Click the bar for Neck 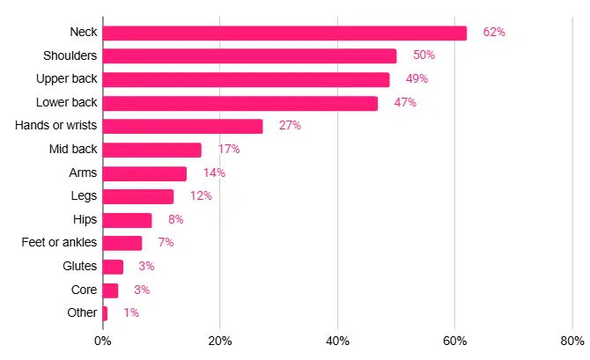284,33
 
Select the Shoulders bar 249,55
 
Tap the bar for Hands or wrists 182,126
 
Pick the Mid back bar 152,150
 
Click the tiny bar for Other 106,312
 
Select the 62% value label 493,33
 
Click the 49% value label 417,79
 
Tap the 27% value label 290,126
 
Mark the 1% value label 131,312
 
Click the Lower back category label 67,102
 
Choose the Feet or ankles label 59,242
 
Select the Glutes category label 79,266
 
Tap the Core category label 84,289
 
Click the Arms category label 83,173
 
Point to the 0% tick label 102,341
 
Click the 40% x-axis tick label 337,341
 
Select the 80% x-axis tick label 572,341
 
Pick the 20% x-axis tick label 220,341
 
